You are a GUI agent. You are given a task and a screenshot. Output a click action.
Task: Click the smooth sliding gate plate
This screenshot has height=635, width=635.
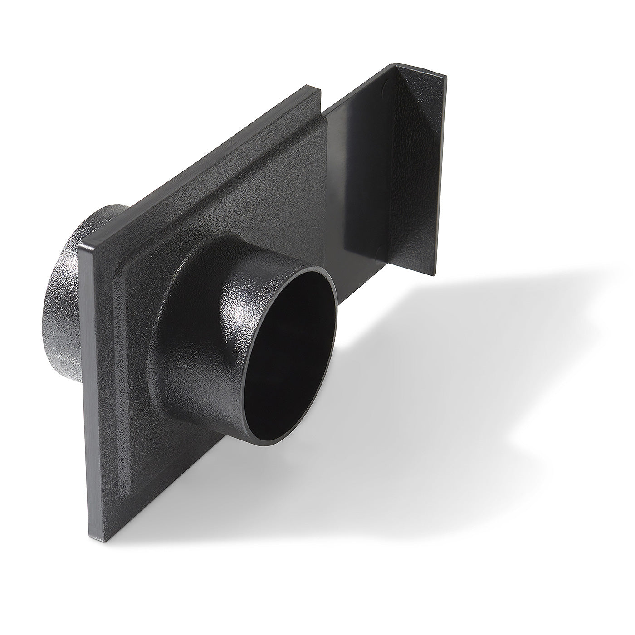pos(358,181)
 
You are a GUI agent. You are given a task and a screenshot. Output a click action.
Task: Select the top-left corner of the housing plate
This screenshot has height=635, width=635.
pos(80,243)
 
